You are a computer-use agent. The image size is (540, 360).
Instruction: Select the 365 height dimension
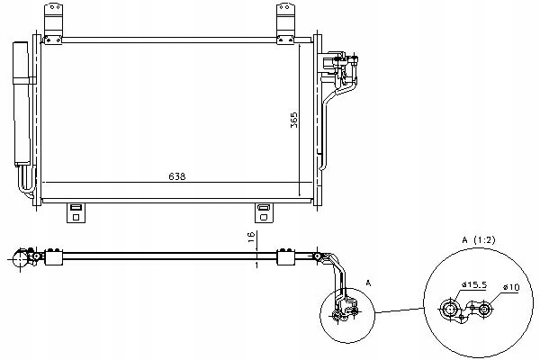point(294,121)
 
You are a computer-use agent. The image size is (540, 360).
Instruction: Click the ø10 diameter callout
point(510,289)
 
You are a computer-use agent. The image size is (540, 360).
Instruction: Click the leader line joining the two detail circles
point(395,311)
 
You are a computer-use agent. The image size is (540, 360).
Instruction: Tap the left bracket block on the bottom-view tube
point(53,258)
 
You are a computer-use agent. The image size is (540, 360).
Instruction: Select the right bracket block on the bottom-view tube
point(286,258)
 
